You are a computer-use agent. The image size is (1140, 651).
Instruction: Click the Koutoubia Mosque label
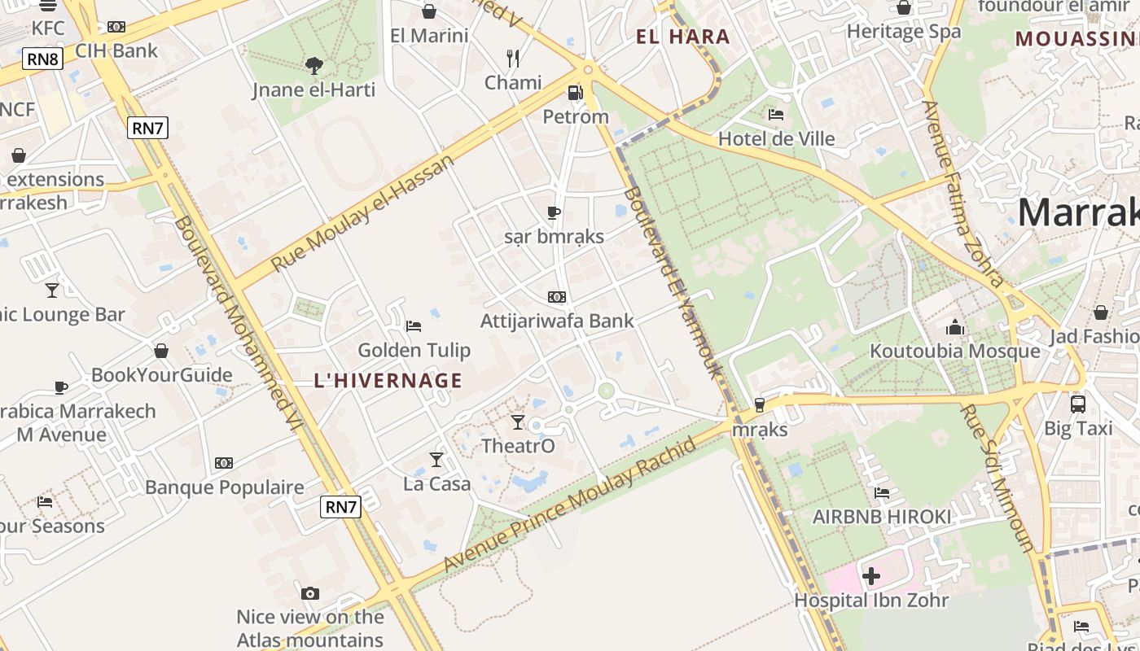955,351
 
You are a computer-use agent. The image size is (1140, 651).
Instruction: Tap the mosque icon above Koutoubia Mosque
955,328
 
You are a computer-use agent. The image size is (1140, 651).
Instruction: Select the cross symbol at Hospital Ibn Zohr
871,577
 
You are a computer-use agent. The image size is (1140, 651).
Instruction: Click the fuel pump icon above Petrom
576,93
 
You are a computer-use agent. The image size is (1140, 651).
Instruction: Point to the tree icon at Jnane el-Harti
313,65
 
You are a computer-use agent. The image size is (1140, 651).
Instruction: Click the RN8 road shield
43,59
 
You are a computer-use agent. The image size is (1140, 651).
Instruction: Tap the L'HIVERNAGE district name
388,380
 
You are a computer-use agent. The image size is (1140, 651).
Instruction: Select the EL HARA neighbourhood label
683,37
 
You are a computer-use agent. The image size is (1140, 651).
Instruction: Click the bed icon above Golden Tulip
414,326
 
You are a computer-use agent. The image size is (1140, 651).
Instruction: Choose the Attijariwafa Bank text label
557,321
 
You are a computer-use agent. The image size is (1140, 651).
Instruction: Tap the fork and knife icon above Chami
513,59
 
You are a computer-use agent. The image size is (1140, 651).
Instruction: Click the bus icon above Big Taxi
1078,404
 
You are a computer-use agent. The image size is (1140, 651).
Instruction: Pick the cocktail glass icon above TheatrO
518,422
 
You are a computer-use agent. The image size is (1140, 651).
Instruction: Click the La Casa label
437,484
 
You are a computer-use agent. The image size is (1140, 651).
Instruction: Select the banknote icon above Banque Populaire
224,463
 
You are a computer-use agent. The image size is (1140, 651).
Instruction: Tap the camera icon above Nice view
309,593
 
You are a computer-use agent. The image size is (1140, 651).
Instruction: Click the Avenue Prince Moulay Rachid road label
570,504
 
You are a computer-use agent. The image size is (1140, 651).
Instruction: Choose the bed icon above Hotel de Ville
776,115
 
